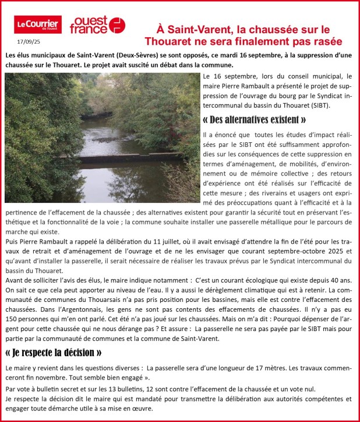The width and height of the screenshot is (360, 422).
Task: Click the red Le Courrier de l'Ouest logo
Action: (x=38, y=24)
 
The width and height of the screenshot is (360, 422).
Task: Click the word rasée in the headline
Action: (x=323, y=41)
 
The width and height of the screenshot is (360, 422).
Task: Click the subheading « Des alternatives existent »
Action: (x=255, y=120)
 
